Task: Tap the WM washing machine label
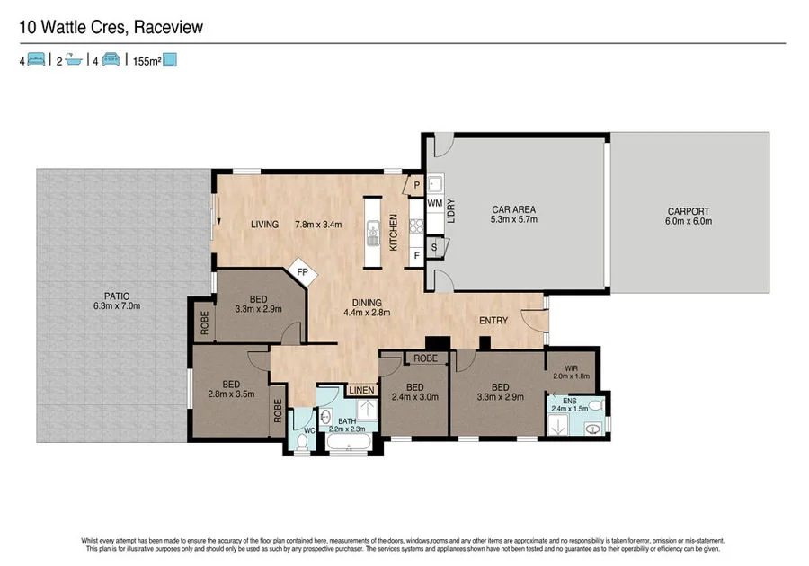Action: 434,203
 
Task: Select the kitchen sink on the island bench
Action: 372,233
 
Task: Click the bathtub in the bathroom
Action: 348,443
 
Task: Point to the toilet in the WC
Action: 303,442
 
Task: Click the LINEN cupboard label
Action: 361,390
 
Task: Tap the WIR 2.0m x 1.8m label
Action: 571,372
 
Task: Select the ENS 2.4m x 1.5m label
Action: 570,404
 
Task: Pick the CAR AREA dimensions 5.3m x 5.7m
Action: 513,219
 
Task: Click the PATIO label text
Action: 117,296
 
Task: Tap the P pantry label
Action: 417,185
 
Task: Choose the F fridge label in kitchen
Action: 416,255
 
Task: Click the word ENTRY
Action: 493,321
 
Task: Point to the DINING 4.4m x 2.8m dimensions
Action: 367,313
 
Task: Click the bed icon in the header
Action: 36,59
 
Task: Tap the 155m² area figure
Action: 147,61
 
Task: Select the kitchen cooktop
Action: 416,226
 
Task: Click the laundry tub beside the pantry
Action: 435,183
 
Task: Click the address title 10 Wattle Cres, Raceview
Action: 111,27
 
